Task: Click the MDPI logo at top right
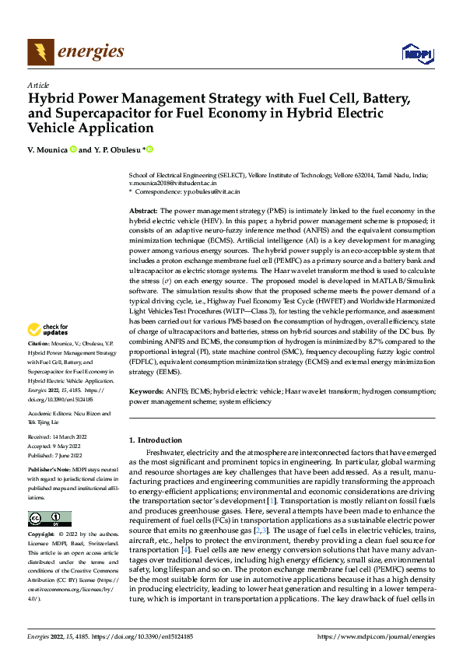click(x=416, y=53)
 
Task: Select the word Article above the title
click(x=38, y=85)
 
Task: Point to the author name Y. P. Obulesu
click(x=118, y=149)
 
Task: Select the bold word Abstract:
click(x=144, y=212)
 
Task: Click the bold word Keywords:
click(x=146, y=392)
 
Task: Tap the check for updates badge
click(x=47, y=352)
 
